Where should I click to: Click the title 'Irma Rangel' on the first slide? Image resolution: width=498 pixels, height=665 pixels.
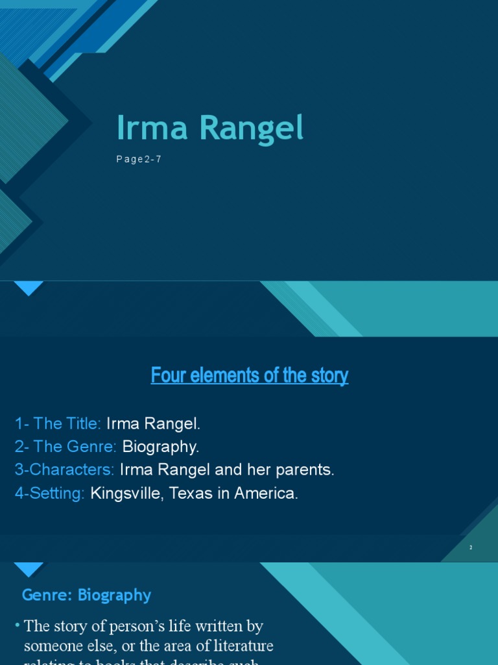point(209,129)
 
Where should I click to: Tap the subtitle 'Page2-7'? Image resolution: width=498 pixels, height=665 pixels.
point(139,159)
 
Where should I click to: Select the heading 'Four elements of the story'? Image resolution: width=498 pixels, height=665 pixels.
point(250,375)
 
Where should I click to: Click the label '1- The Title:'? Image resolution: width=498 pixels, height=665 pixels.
point(58,424)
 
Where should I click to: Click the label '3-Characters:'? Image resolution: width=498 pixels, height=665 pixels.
point(65,470)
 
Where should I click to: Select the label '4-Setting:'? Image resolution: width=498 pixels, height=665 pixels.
point(50,493)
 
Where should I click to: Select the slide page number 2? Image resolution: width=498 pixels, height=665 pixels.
point(471,547)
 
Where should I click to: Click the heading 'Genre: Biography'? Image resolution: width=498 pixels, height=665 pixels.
point(86,595)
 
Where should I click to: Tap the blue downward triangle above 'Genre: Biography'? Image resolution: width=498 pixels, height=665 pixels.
point(29,570)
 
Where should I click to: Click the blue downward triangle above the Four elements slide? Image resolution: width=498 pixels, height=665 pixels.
point(29,288)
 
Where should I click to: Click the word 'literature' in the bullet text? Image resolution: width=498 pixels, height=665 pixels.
point(241,646)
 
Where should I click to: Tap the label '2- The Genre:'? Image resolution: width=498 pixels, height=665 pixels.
point(65,447)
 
